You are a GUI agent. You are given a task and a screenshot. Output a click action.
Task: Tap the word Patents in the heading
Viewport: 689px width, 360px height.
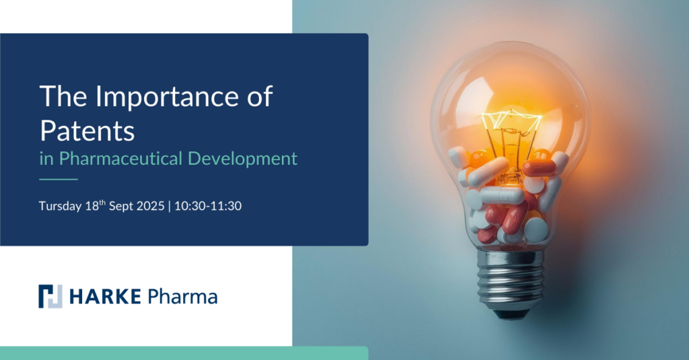pos(87,131)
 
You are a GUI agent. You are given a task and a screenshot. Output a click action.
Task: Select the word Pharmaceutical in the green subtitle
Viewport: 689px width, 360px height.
pos(120,159)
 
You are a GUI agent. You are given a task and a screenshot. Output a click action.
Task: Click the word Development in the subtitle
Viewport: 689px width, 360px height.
pos(242,159)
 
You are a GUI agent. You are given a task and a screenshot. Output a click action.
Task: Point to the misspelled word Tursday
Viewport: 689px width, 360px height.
pos(60,206)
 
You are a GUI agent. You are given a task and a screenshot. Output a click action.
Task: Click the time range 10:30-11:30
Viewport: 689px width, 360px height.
pos(208,206)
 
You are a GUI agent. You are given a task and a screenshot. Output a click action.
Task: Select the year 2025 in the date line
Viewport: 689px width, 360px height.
pos(150,206)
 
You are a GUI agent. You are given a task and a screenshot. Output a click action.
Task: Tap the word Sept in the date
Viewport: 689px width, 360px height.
pos(121,206)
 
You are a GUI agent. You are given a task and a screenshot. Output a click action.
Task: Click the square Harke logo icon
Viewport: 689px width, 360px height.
pos(50,296)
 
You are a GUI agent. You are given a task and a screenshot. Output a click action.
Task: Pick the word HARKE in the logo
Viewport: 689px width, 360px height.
pos(105,297)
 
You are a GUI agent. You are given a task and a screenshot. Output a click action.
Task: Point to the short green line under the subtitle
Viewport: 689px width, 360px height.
pos(59,180)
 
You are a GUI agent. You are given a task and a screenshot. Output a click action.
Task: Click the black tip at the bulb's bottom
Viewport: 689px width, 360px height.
pos(511,314)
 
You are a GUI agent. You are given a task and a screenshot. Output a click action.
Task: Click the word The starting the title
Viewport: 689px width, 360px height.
pos(63,96)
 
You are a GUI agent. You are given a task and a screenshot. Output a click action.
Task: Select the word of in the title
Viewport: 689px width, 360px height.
pos(260,96)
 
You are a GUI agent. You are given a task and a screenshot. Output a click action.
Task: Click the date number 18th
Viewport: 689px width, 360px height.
pos(96,205)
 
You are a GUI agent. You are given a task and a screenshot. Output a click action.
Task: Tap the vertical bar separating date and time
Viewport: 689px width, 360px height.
pos(169,206)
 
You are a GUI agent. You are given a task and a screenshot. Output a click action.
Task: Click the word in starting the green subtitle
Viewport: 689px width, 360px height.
pos(46,159)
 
